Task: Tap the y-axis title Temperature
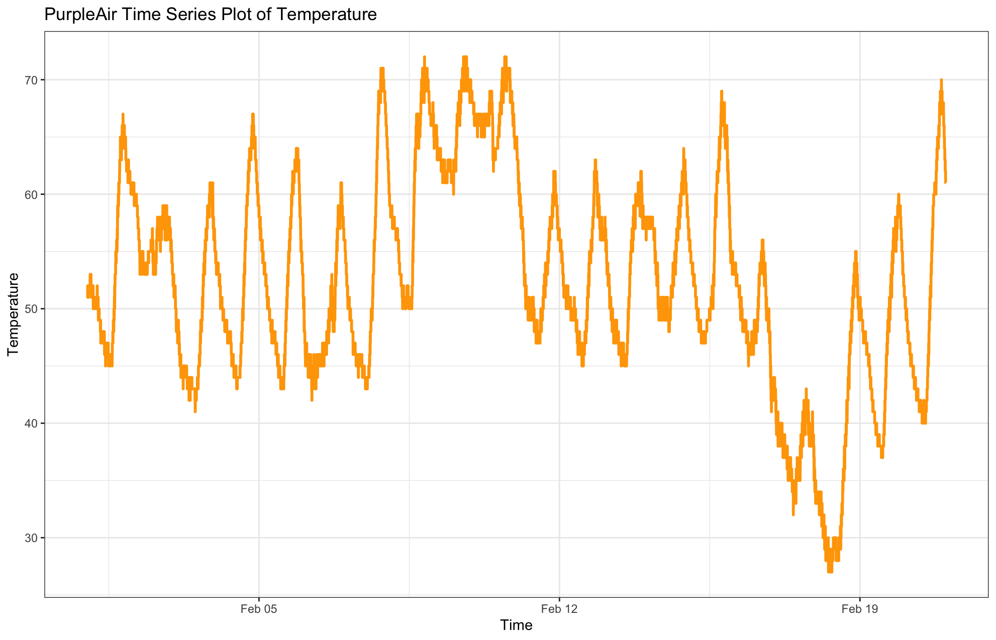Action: pyautogui.click(x=14, y=314)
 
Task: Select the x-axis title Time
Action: pyautogui.click(x=516, y=625)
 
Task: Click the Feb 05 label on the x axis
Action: pyautogui.click(x=259, y=609)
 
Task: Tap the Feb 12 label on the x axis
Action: pyautogui.click(x=559, y=609)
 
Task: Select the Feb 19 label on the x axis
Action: pyautogui.click(x=860, y=609)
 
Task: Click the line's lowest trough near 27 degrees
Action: pyautogui.click(x=830, y=571)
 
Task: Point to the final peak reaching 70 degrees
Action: pyautogui.click(x=941, y=80)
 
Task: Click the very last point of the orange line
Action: pyautogui.click(x=945, y=182)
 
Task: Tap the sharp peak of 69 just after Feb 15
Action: pyautogui.click(x=721, y=92)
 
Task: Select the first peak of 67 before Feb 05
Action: pyautogui.click(x=123, y=115)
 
